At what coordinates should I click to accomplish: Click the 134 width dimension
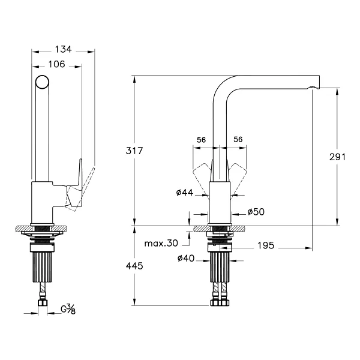pyautogui.click(x=64, y=49)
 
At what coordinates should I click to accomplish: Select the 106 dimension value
pyautogui.click(x=57, y=64)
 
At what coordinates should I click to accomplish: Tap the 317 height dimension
pyautogui.click(x=134, y=151)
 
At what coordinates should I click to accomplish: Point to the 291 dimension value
pyautogui.click(x=337, y=157)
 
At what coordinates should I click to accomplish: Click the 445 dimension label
pyautogui.click(x=134, y=266)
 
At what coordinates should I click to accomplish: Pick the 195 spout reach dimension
pyautogui.click(x=266, y=245)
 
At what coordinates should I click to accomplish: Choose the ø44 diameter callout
pyautogui.click(x=185, y=193)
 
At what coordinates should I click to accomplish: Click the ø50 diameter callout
pyautogui.click(x=256, y=212)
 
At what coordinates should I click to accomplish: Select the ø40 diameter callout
pyautogui.click(x=186, y=258)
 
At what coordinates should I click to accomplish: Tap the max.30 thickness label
pyautogui.click(x=161, y=244)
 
